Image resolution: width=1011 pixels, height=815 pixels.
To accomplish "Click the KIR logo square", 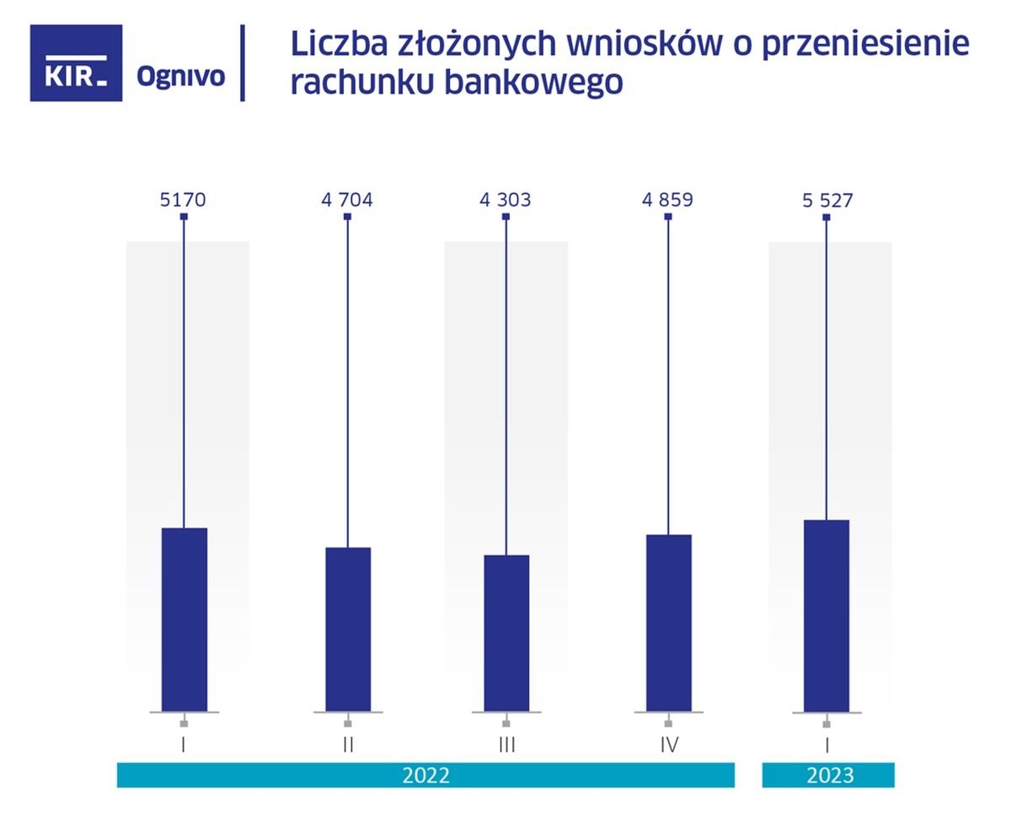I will [x=76, y=63].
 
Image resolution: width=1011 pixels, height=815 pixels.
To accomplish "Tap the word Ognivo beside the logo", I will [x=180, y=77].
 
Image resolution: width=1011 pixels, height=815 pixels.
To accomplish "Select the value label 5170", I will [x=183, y=201].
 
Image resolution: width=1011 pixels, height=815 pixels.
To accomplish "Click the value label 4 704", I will [x=347, y=201].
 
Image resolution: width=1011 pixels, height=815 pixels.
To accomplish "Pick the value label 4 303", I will [x=505, y=201].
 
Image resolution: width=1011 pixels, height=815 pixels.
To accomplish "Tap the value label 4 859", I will [x=668, y=201].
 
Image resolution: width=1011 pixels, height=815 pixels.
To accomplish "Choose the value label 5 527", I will [x=826, y=201].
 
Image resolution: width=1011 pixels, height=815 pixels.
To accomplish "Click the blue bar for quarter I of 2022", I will [x=184, y=619].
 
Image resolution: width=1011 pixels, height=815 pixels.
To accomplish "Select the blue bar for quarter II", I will [x=347, y=630].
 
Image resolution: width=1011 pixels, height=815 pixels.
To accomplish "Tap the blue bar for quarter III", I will [x=505, y=633].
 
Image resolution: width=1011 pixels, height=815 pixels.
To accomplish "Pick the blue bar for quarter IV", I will [x=668, y=623].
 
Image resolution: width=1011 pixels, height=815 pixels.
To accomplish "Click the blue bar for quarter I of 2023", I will [x=826, y=616].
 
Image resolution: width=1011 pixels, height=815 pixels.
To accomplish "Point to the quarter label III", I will [x=505, y=745].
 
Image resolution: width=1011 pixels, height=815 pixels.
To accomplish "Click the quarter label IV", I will [x=668, y=745].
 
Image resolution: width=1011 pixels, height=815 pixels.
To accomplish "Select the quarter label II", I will [x=347, y=745].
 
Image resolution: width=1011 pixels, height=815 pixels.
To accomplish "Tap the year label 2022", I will [x=425, y=775].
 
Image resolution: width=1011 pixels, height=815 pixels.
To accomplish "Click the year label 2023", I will [x=828, y=775].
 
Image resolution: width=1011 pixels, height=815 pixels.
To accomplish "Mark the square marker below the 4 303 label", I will [x=505, y=217].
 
